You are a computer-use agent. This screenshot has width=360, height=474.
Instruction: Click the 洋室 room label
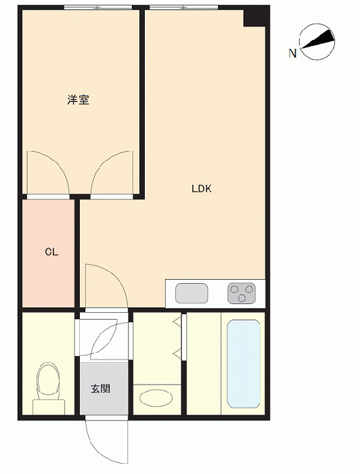pos(78,100)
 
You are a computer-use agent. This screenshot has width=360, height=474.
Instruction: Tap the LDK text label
pos(202,189)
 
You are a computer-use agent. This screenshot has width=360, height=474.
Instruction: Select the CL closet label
pos(51,252)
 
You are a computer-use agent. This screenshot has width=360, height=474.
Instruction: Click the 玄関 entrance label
pos(101,389)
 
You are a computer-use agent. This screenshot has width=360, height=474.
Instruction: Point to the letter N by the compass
pos(292,53)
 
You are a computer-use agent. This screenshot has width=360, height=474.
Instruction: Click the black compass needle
pos(317,39)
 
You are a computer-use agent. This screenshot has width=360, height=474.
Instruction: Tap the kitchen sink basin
pos(192,293)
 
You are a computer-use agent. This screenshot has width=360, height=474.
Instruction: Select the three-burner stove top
pos(242,293)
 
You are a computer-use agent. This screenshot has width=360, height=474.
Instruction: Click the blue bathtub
pos(244,364)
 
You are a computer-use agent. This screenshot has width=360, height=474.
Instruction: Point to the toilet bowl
pos(47,379)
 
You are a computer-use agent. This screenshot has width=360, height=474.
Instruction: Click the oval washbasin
pos(156,399)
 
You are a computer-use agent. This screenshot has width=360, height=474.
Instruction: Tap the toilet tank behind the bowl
pos(49,407)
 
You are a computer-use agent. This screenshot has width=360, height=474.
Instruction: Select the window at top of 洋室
pos(98,7)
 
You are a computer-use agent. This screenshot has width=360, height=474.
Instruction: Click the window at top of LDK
pos(184,7)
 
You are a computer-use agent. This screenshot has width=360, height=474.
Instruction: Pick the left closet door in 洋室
pos(48,172)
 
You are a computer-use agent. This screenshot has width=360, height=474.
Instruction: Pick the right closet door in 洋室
pos(112,172)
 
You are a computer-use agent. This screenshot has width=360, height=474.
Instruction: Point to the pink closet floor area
pos(48,253)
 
